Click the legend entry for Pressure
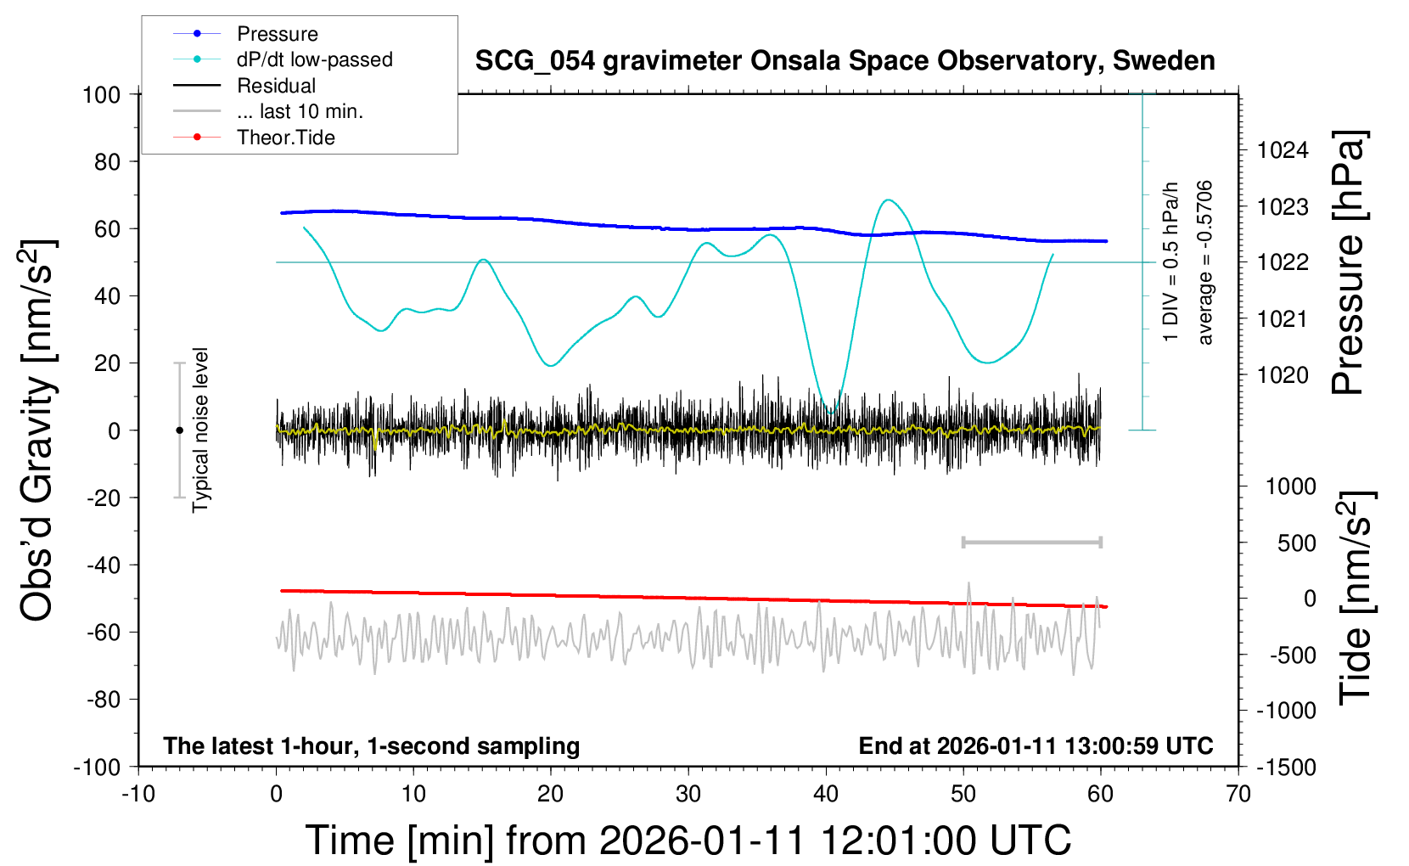[277, 34]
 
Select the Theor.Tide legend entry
[285, 138]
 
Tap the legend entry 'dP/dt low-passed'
[314, 59]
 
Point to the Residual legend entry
[276, 86]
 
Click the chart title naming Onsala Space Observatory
[845, 61]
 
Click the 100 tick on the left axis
[101, 94]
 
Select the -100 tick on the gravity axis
[98, 767]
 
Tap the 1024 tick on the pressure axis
[1283, 150]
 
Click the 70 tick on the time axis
[1238, 795]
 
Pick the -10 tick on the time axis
[138, 795]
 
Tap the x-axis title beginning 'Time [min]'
[688, 841]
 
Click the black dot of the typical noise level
[179, 430]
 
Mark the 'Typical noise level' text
[200, 430]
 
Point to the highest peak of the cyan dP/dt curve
[888, 200]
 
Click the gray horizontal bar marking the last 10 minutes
[1031, 543]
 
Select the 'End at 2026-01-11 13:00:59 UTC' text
[1036, 746]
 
